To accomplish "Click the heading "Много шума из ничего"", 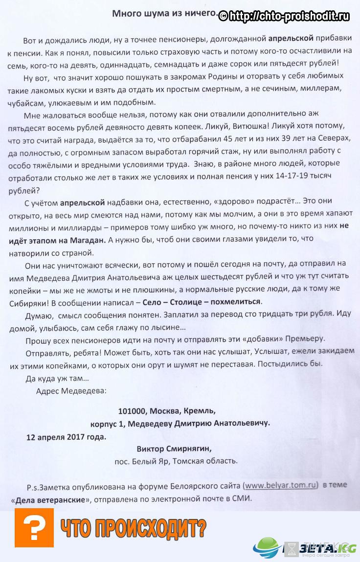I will pos(163,14).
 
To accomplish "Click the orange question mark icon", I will pos(34,527).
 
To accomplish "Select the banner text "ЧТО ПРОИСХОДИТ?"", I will pos(133,528).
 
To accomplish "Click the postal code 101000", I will pos(133,410).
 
